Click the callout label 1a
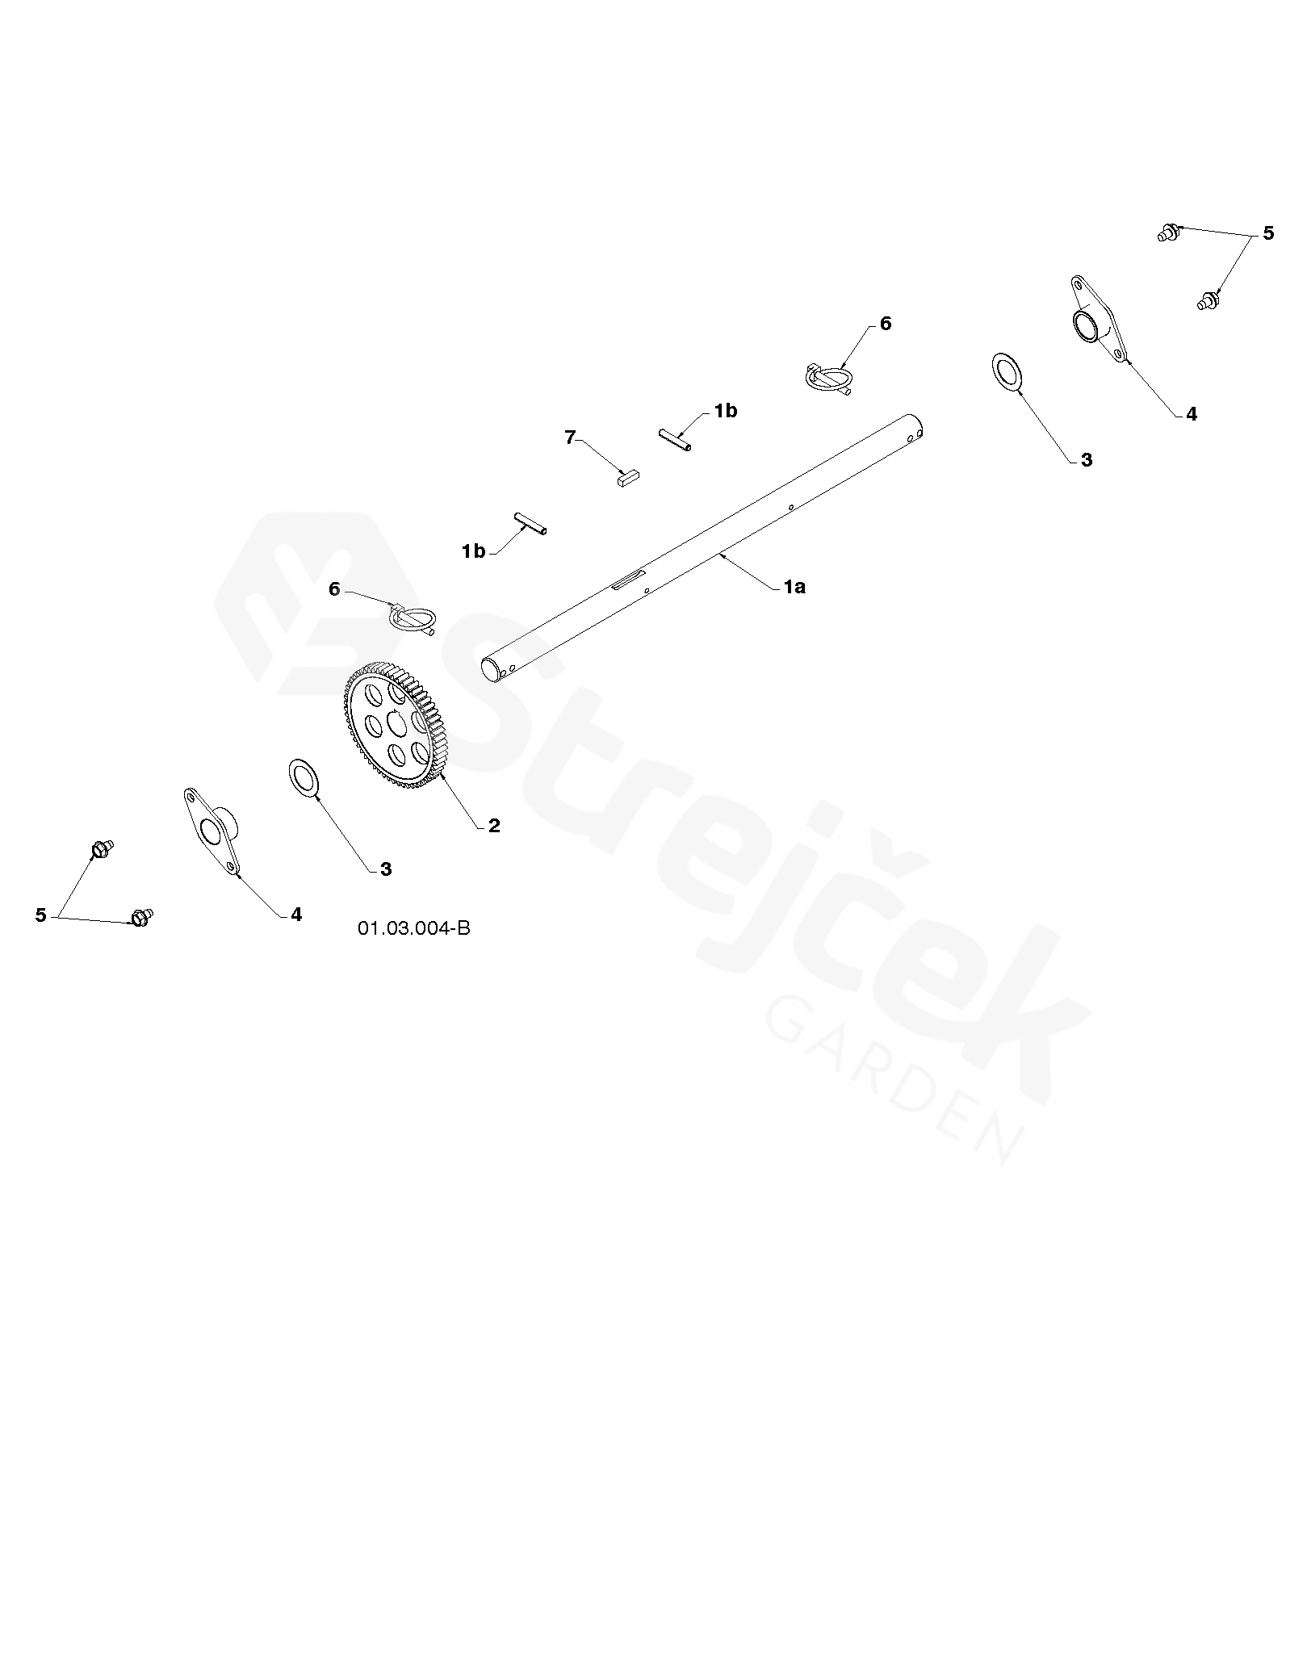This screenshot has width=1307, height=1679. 794,588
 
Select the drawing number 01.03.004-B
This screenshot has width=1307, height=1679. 414,928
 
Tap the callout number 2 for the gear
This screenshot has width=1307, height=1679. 494,826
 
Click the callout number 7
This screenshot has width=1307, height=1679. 571,438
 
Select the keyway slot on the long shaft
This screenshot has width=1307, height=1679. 629,580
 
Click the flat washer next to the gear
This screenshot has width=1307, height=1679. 304,777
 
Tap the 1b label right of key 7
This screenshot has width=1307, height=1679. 726,411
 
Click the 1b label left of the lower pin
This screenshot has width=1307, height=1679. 474,551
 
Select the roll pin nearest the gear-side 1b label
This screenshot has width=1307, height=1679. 530,523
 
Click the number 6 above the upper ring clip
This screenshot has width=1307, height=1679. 886,324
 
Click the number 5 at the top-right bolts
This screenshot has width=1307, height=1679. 1268,233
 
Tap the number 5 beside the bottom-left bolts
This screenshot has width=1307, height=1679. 41,915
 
